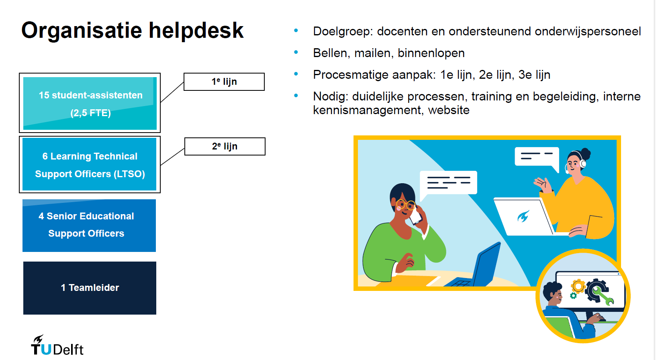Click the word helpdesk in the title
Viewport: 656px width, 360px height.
pyautogui.click(x=196, y=30)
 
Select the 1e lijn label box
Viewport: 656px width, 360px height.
pyautogui.click(x=224, y=82)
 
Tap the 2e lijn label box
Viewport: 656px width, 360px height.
pyautogui.click(x=225, y=147)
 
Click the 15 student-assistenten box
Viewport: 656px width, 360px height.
pyautogui.click(x=90, y=103)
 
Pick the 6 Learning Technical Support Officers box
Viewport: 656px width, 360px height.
pyautogui.click(x=90, y=164)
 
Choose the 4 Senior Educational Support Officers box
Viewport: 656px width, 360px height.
pyautogui.click(x=89, y=225)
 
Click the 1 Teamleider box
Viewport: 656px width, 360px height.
pyautogui.click(x=90, y=288)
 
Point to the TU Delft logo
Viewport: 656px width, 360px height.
pyautogui.click(x=57, y=345)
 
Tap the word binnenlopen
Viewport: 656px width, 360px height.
pyautogui.click(x=431, y=53)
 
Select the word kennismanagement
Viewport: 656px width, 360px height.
pyautogui.click(x=368, y=110)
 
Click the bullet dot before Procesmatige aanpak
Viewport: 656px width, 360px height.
pyautogui.click(x=296, y=74)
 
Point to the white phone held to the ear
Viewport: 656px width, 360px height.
pyautogui.click(x=415, y=216)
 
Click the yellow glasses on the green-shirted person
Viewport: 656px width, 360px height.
pyautogui.click(x=405, y=204)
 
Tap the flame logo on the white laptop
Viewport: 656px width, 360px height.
pyautogui.click(x=523, y=217)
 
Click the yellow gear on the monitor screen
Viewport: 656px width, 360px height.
pyautogui.click(x=578, y=286)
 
